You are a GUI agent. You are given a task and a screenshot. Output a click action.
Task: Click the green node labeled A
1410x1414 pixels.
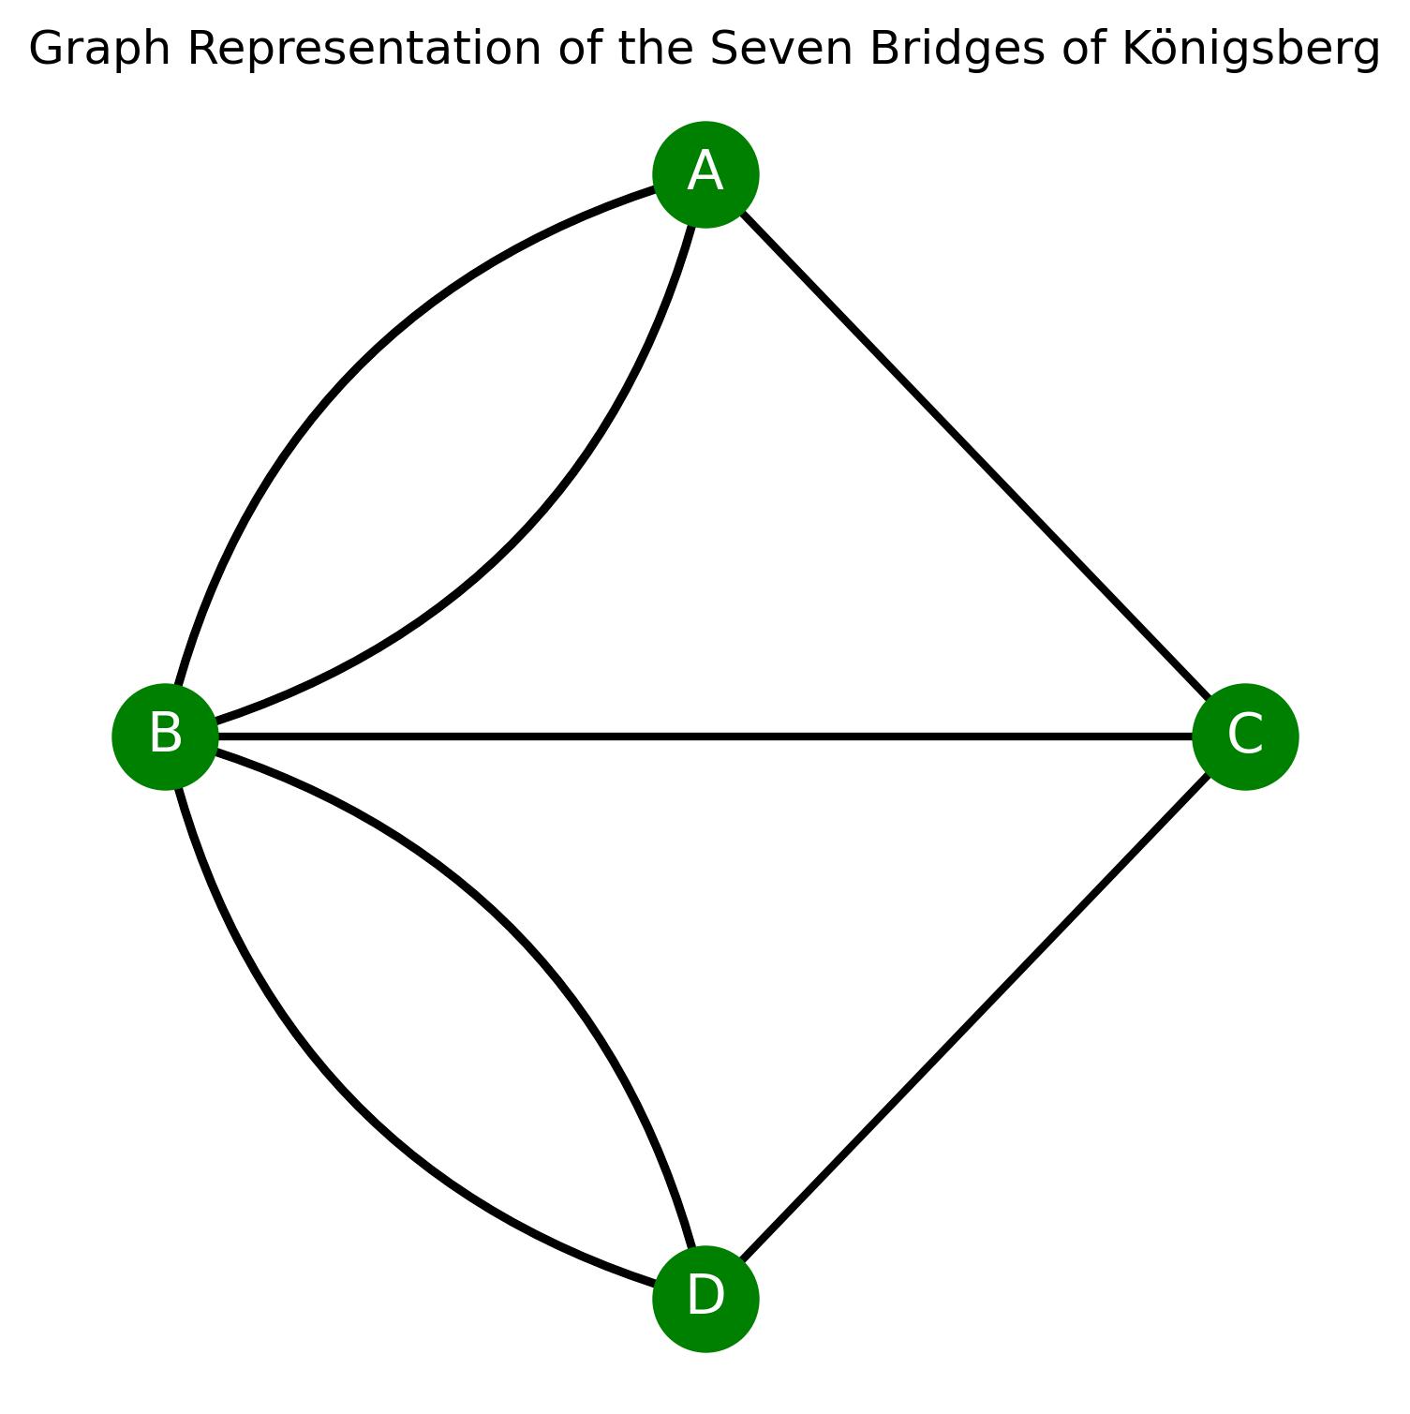[705, 174]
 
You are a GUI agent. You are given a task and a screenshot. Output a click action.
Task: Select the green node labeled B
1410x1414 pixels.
[165, 737]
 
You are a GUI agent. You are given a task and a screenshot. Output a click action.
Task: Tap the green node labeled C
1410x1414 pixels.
[1245, 737]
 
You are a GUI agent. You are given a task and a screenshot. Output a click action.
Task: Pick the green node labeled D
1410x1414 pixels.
[705, 1299]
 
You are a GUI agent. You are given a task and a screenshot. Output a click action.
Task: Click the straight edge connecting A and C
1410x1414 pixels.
[974, 455]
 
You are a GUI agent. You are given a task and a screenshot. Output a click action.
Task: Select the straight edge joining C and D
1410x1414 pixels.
[974, 1019]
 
